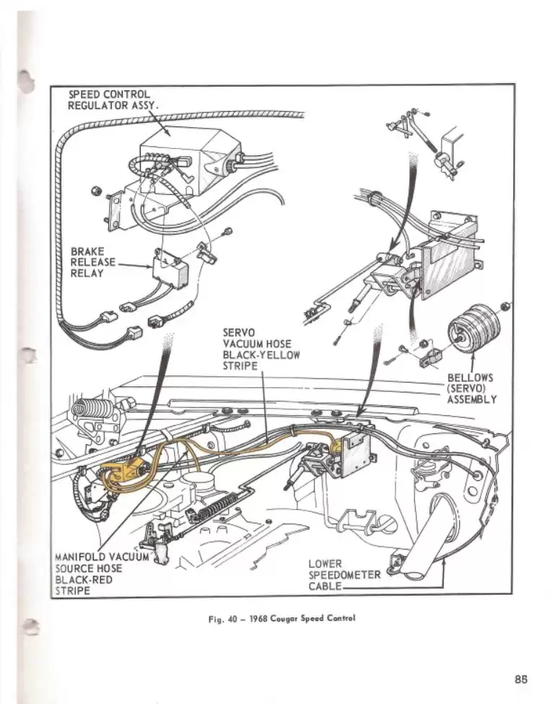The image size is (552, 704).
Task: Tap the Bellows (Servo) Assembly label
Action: pyautogui.click(x=471, y=388)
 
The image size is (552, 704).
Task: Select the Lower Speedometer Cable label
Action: pyautogui.click(x=343, y=575)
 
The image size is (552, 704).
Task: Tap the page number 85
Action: pyautogui.click(x=522, y=679)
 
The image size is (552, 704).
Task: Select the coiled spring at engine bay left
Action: pyautogui.click(x=93, y=408)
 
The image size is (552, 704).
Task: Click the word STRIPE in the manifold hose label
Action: pyautogui.click(x=73, y=591)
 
